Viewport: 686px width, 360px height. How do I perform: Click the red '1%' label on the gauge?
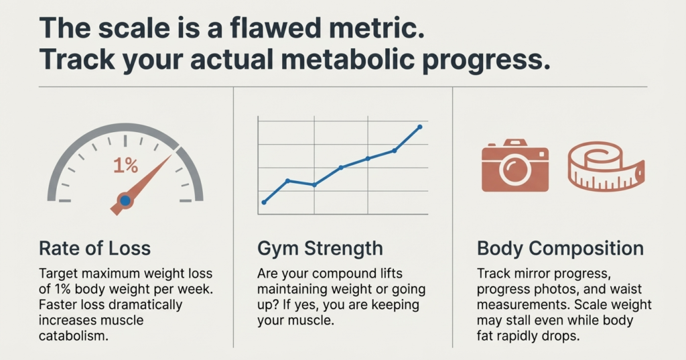pyautogui.click(x=125, y=166)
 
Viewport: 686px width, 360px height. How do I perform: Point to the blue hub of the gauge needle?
pyautogui.click(x=125, y=200)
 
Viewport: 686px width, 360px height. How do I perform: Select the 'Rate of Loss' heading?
pyautogui.click(x=95, y=248)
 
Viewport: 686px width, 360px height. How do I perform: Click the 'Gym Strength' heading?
pyautogui.click(x=320, y=248)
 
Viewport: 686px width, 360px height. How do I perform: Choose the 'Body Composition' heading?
pyautogui.click(x=560, y=248)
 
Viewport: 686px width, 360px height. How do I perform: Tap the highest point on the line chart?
pyautogui.click(x=420, y=126)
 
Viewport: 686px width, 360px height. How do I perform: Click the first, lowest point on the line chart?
pyautogui.click(x=264, y=202)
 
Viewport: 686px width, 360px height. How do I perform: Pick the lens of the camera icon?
pyautogui.click(x=514, y=169)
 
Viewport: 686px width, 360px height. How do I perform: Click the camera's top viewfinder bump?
pyautogui.click(x=515, y=143)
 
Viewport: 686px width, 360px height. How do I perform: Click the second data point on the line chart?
pyautogui.click(x=287, y=180)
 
